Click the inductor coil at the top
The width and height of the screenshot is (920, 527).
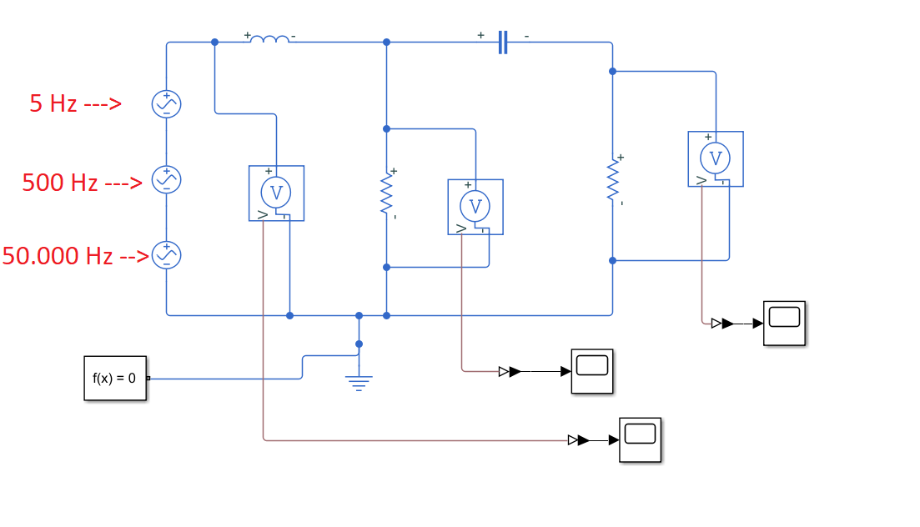[x=270, y=39]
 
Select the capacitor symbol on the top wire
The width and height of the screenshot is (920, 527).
[x=502, y=42]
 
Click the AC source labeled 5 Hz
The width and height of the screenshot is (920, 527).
[x=166, y=104]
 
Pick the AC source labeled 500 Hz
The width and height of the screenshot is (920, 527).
[x=166, y=179]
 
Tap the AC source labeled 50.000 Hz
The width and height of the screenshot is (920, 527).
[x=166, y=254]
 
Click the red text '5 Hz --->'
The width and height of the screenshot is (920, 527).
[x=75, y=104]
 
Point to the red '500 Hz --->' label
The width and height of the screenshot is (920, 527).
[x=82, y=183]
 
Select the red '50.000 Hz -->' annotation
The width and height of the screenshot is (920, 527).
[x=75, y=256]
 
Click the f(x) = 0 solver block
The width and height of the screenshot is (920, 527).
[x=115, y=378]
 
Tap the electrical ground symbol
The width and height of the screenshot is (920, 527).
[x=359, y=383]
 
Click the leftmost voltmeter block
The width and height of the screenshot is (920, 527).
[x=276, y=193]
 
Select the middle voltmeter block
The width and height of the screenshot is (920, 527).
[x=475, y=206]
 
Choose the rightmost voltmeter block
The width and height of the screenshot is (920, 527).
[x=715, y=158]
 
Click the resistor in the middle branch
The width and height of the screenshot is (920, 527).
[x=386, y=193]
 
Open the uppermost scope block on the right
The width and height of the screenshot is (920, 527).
[x=784, y=323]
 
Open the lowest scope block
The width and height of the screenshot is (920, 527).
[x=640, y=439]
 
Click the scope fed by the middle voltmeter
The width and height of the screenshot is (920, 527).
[x=591, y=371]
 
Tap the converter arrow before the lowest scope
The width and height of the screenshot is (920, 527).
[x=578, y=440]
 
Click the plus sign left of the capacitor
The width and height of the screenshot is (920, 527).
[x=480, y=35]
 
